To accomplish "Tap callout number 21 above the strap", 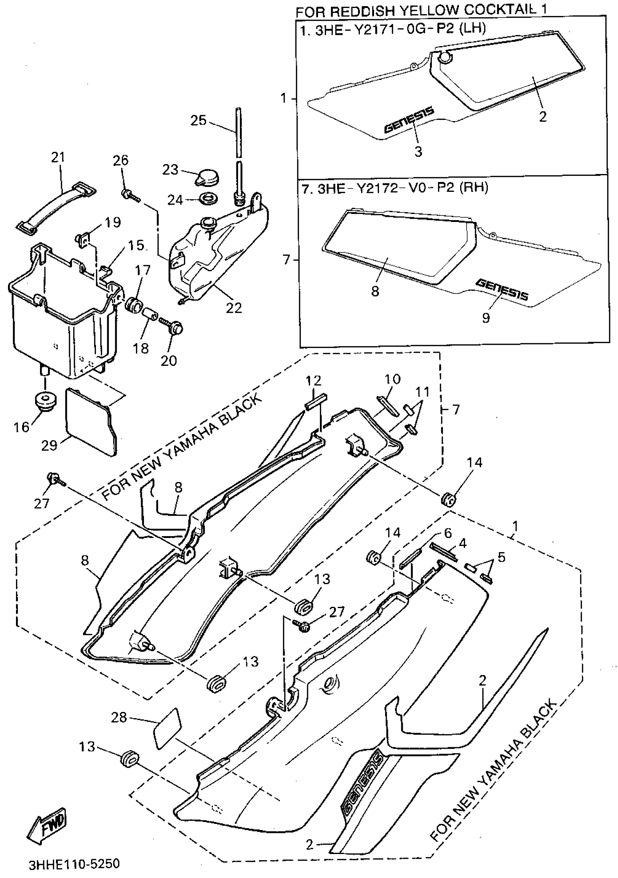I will coord(58,157).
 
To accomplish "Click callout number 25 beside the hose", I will coord(198,121).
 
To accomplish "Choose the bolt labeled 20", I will coord(175,327).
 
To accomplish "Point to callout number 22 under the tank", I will coord(234,307).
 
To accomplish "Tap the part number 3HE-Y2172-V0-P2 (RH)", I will coord(395,189).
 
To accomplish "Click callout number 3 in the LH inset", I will coord(418,151).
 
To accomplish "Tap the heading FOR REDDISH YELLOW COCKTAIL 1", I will coord(421,10).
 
